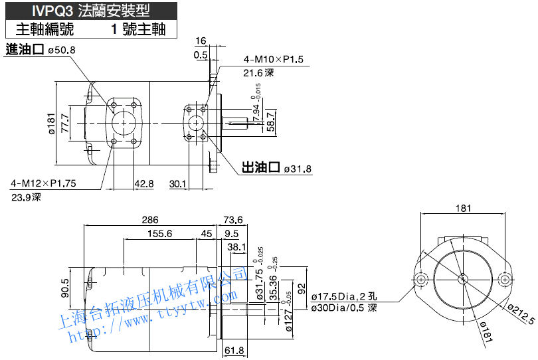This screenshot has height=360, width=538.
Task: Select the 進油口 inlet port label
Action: coord(25,49)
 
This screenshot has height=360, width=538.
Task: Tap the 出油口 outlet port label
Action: coord(260,167)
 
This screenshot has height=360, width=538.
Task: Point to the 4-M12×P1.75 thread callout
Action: coord(43,183)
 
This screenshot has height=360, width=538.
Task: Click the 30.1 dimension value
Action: coord(177,183)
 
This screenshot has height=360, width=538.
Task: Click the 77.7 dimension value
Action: coord(65,123)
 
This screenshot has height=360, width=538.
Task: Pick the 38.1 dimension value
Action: coord(236,247)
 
